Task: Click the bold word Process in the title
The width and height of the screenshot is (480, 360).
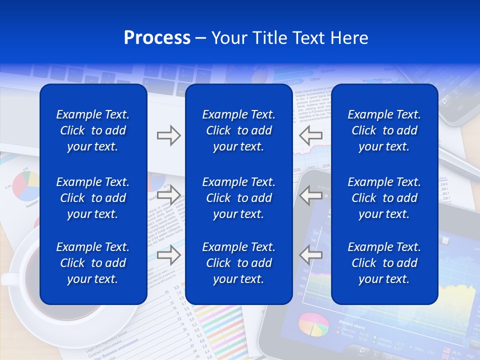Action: click(x=157, y=38)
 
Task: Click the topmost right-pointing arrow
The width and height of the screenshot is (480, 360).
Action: click(x=168, y=135)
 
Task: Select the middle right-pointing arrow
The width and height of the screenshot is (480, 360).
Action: click(x=168, y=195)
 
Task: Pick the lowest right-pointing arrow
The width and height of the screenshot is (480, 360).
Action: click(x=168, y=255)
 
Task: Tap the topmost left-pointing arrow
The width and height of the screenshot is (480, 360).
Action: click(x=311, y=135)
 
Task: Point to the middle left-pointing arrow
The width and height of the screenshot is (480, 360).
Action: click(x=311, y=195)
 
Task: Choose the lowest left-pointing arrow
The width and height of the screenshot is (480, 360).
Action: click(x=311, y=255)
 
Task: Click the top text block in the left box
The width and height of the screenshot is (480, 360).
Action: click(x=93, y=130)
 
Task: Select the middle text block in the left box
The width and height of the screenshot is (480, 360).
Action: click(x=93, y=198)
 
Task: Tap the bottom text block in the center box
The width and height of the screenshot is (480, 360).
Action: click(x=238, y=263)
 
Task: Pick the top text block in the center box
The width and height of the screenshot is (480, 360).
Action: click(x=238, y=130)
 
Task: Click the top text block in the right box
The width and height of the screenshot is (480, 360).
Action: click(x=384, y=130)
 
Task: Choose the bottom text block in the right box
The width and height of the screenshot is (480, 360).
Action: click(x=384, y=263)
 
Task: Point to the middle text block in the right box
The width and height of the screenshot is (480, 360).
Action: click(x=384, y=198)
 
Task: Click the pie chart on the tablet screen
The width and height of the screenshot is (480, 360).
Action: click(x=313, y=324)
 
